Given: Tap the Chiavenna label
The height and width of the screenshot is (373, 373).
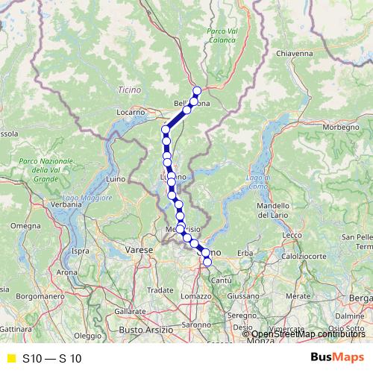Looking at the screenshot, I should (x=293, y=54).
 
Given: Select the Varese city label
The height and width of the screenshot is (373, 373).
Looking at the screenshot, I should (x=139, y=249).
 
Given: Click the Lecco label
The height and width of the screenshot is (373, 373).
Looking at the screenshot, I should (x=292, y=235).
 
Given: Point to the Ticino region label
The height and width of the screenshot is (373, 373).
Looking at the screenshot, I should (x=129, y=90).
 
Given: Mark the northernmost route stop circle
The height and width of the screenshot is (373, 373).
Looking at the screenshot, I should (x=197, y=91).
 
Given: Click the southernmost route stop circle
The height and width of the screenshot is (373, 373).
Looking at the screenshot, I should (x=207, y=261).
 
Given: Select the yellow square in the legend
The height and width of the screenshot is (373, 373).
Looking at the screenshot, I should (x=10, y=358).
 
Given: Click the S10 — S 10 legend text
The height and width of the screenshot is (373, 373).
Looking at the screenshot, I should (x=51, y=359).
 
